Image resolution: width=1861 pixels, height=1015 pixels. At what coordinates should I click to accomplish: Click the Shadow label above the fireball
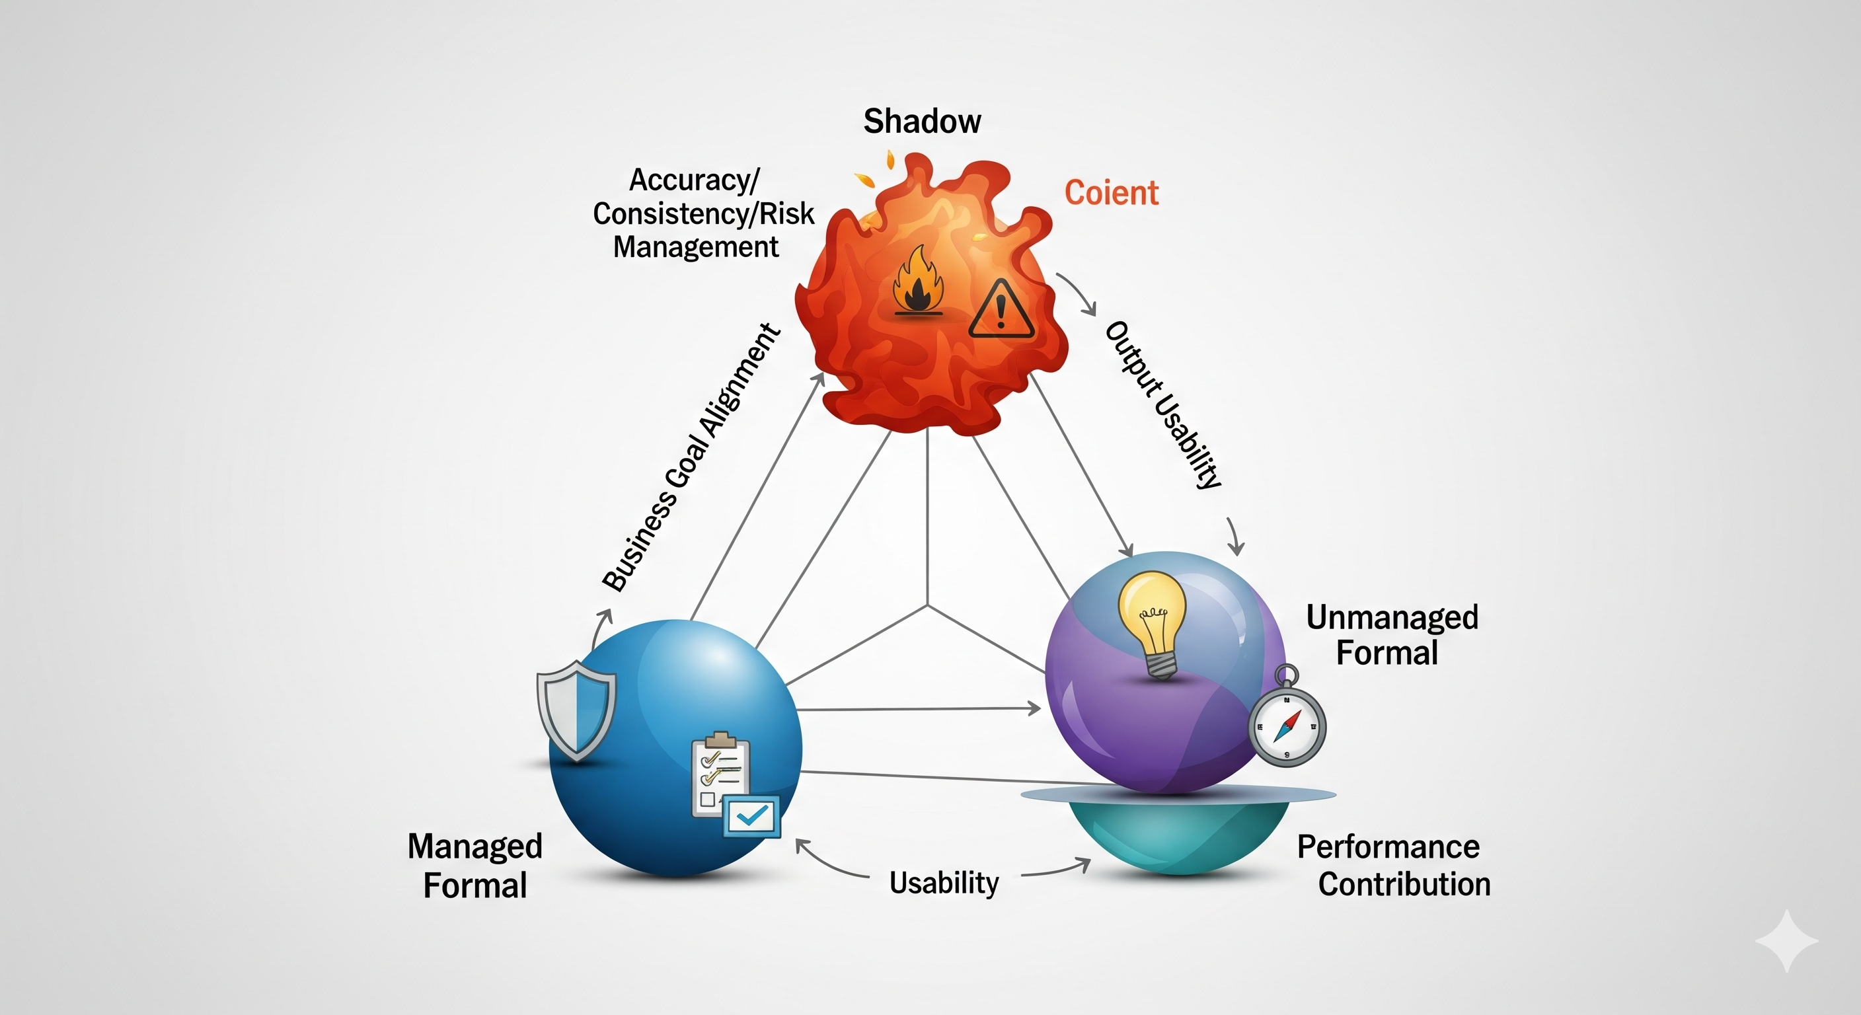[922, 121]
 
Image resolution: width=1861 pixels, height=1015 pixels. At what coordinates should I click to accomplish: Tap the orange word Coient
[1111, 193]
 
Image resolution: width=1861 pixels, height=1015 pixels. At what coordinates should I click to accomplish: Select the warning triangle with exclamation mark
[1001, 311]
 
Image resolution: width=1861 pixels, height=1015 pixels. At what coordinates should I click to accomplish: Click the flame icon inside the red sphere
[917, 281]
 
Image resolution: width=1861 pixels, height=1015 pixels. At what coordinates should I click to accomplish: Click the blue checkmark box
[752, 817]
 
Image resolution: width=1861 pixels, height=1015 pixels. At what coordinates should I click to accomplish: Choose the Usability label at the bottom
[944, 882]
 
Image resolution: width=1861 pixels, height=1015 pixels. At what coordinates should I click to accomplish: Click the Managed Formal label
[475, 866]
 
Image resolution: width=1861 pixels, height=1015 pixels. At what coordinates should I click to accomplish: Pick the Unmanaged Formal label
[1391, 635]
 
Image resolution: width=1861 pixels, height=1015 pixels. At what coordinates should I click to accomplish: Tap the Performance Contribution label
[1394, 866]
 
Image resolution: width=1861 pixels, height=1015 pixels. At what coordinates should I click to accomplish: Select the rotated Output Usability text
[1163, 404]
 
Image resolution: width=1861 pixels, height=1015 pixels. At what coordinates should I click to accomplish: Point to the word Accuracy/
[693, 180]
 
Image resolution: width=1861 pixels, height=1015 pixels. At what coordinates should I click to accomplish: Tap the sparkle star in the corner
[1786, 940]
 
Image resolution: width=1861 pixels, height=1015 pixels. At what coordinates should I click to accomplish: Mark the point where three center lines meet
[928, 605]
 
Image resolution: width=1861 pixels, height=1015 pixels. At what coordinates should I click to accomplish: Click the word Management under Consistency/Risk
[695, 247]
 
